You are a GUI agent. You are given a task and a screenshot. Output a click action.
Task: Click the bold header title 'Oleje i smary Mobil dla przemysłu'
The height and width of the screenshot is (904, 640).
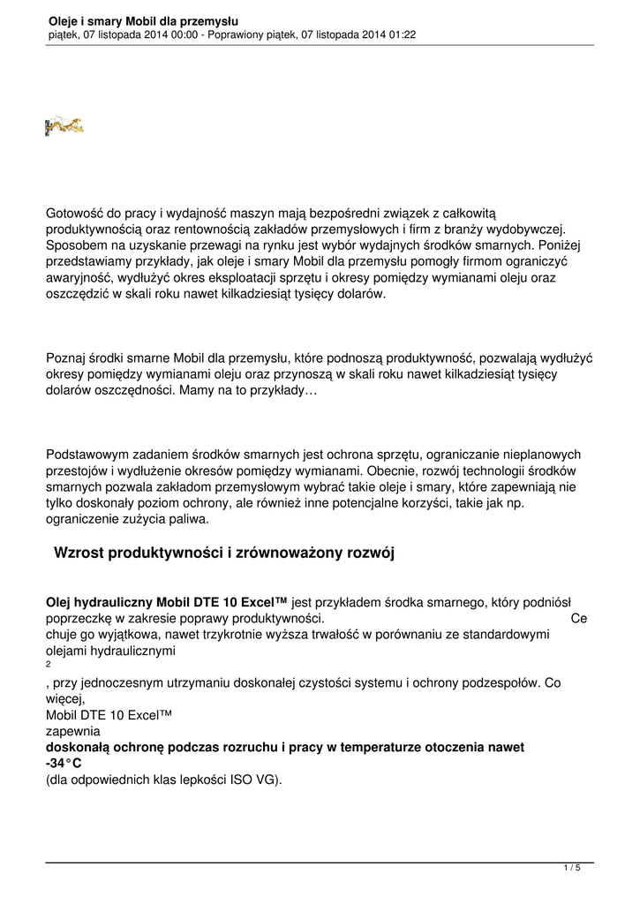point(144,20)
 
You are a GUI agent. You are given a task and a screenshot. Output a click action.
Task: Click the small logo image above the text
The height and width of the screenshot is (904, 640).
point(64,125)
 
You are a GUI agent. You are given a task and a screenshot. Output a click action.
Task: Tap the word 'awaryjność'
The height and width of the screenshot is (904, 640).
point(77,278)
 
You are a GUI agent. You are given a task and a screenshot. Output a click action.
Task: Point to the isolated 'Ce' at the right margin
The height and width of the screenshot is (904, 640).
point(579,619)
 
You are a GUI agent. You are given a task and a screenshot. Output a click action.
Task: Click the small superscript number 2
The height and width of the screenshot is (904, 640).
point(48,665)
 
